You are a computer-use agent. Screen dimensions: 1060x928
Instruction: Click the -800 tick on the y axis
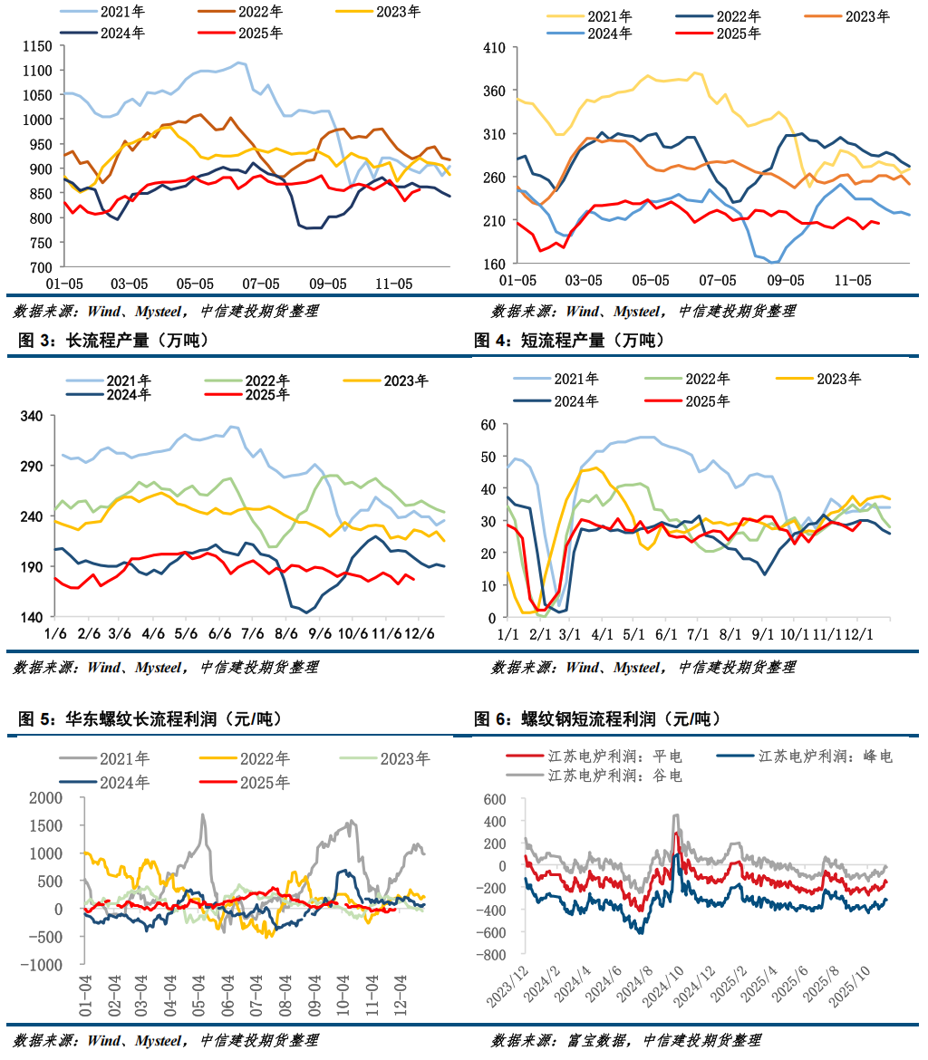491,954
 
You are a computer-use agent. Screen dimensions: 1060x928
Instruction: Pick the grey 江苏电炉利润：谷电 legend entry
615,776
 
